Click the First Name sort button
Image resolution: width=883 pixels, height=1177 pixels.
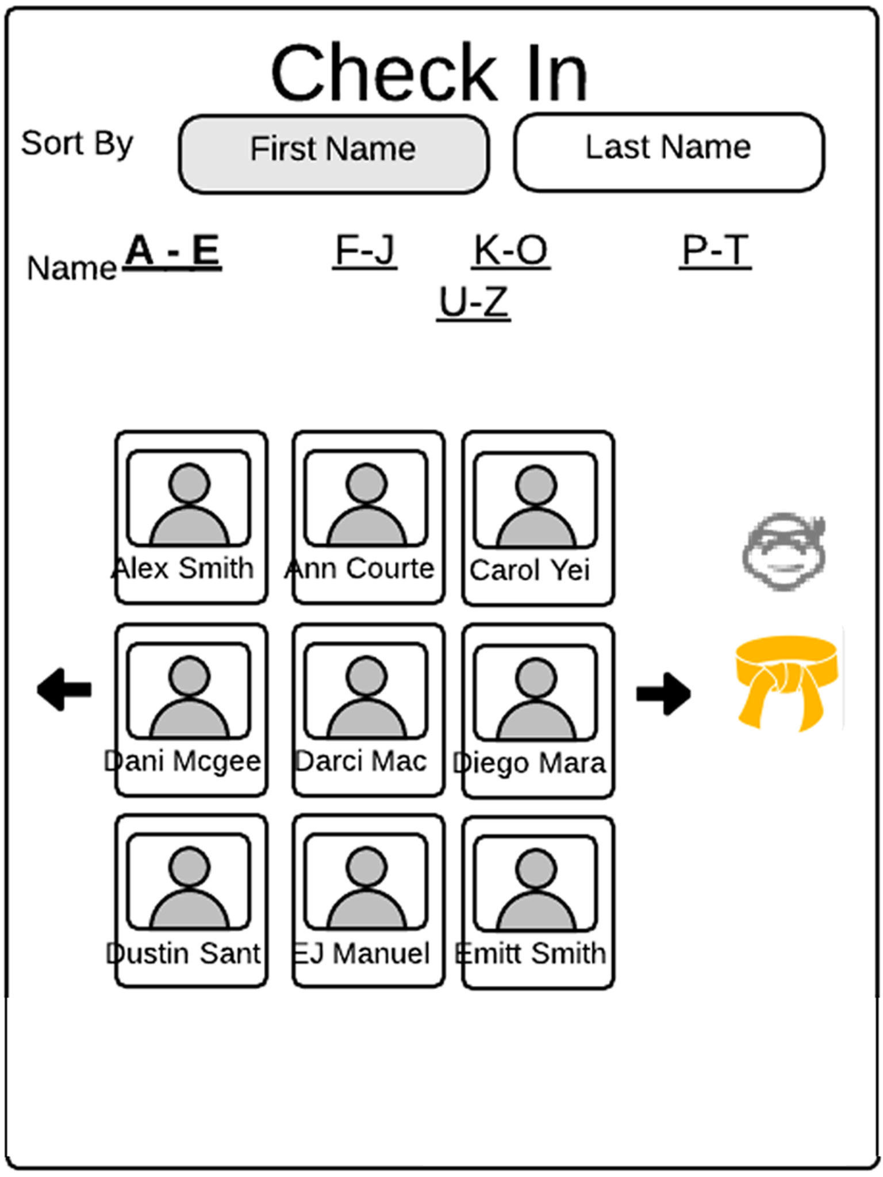333,154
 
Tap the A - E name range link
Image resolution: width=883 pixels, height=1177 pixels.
172,251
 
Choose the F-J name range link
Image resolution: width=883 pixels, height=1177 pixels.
365,251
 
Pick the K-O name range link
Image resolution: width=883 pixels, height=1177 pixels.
510,251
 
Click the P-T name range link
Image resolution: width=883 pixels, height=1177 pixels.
715,251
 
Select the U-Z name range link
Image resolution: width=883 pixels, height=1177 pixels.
473,302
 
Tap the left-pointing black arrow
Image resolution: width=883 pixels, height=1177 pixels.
64,689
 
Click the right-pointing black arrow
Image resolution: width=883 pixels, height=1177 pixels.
663,694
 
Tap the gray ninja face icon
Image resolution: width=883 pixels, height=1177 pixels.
784,552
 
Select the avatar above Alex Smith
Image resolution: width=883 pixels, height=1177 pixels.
189,498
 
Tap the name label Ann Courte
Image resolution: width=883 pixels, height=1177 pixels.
360,569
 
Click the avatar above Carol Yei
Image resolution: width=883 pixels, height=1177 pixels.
536,500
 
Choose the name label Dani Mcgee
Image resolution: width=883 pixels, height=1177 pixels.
183,761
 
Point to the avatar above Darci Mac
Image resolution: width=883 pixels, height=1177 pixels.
366,691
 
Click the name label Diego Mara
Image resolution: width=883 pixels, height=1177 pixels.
529,763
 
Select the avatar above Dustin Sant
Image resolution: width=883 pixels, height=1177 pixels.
189,881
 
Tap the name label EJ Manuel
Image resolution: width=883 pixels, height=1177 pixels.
361,953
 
